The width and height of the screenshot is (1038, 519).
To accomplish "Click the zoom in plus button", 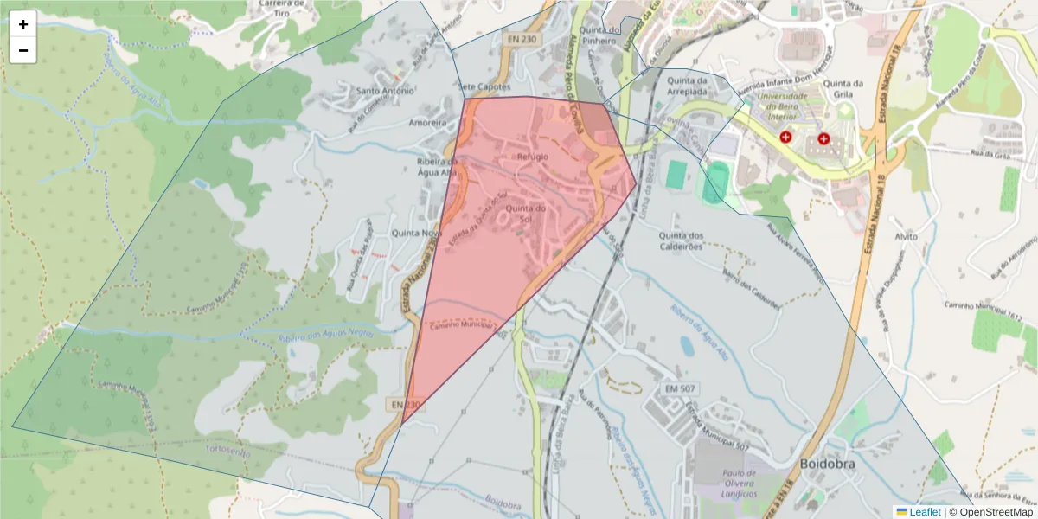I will point(23,24).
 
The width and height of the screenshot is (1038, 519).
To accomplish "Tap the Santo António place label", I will point(386,90).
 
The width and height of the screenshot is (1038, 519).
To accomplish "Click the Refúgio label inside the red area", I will point(533,157).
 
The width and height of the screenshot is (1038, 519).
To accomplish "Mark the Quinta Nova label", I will point(417,234).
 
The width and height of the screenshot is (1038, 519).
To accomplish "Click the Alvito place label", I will point(905,236).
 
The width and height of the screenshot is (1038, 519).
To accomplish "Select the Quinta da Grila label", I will point(845,89).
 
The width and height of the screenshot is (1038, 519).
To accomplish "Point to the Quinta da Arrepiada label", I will point(689,86).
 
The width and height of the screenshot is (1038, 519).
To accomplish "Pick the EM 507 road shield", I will point(682,389).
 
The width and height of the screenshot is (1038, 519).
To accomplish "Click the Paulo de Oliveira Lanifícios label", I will point(727,483).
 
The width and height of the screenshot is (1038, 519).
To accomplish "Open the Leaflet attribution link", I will point(925,512).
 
